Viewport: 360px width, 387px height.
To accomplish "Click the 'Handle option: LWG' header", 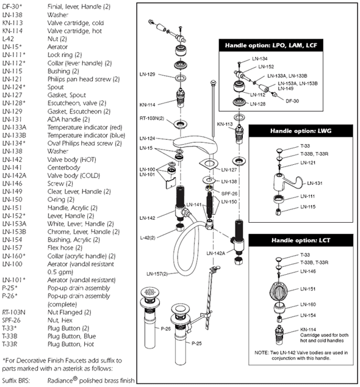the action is pos(301,131).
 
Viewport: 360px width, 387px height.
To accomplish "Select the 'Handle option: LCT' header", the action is pos(301,240).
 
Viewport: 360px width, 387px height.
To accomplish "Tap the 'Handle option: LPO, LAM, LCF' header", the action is pos(271,45).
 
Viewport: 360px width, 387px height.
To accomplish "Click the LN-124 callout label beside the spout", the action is pos(147,139).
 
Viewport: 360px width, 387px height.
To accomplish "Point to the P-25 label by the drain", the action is pos(196,343).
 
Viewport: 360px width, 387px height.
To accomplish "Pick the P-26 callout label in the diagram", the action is pos(166,328).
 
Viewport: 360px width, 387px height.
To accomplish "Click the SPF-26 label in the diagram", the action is pos(229,193).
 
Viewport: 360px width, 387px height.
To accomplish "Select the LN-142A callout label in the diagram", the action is pos(215,253).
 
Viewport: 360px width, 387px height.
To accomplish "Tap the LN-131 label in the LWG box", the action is pos(315,183).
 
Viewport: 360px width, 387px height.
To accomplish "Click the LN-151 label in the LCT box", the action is pos(308,289).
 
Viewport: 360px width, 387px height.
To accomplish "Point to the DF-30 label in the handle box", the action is pos(292,101).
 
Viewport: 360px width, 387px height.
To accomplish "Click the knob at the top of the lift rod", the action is pos(213,82).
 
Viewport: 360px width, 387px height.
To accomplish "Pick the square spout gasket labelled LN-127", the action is pos(209,164).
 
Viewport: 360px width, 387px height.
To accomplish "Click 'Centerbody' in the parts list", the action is pos(63,168).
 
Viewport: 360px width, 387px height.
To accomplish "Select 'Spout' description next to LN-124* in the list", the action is pos(56,87).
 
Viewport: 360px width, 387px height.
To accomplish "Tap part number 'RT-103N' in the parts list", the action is pos(13,312).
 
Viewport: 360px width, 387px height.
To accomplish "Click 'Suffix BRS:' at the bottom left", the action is pos(16,380).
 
